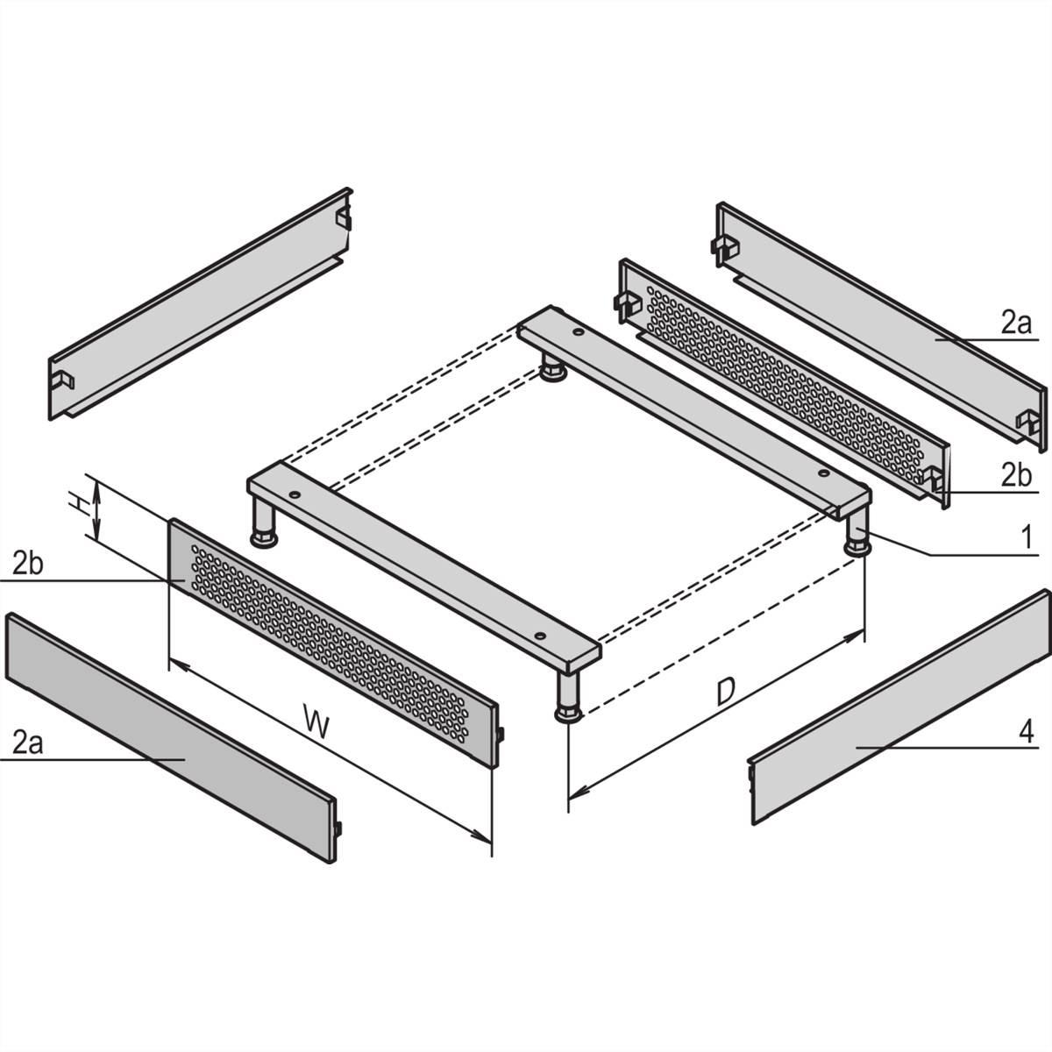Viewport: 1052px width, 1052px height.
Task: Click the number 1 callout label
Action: (x=1027, y=537)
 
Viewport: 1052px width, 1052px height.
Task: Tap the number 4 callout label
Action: (x=1027, y=731)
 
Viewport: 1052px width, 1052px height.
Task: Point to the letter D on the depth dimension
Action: (x=724, y=692)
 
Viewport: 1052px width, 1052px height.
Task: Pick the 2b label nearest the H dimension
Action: (x=27, y=564)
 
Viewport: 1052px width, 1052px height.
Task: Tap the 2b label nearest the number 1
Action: (x=1017, y=476)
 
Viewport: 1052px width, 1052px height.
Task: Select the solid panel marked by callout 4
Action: (x=894, y=710)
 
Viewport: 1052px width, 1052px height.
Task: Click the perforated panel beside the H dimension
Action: (x=333, y=640)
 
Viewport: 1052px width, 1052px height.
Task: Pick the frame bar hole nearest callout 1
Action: (x=822, y=474)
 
